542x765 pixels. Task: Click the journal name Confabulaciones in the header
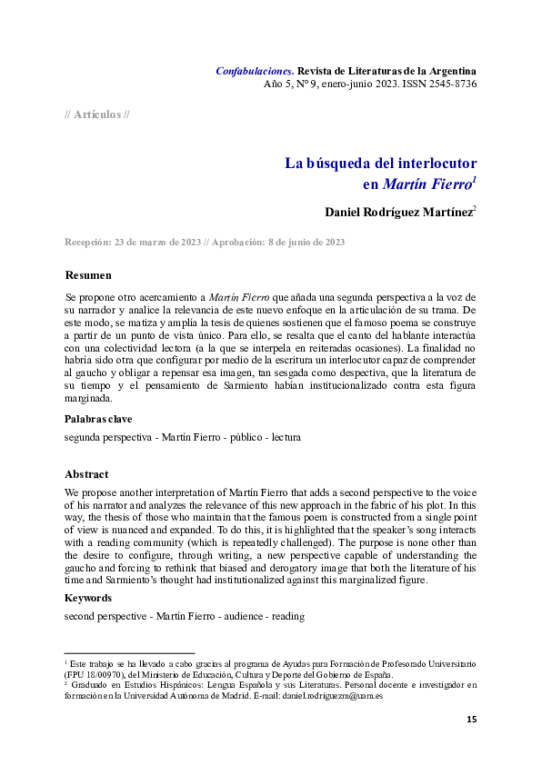254,70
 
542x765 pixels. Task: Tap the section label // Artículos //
97,114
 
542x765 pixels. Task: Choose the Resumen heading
88,275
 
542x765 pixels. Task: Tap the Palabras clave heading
98,419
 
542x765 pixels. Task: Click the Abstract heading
86,474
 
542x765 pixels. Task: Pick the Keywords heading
88,598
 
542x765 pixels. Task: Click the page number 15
471,720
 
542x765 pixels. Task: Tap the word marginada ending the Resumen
88,398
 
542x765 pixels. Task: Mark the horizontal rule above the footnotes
129,652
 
